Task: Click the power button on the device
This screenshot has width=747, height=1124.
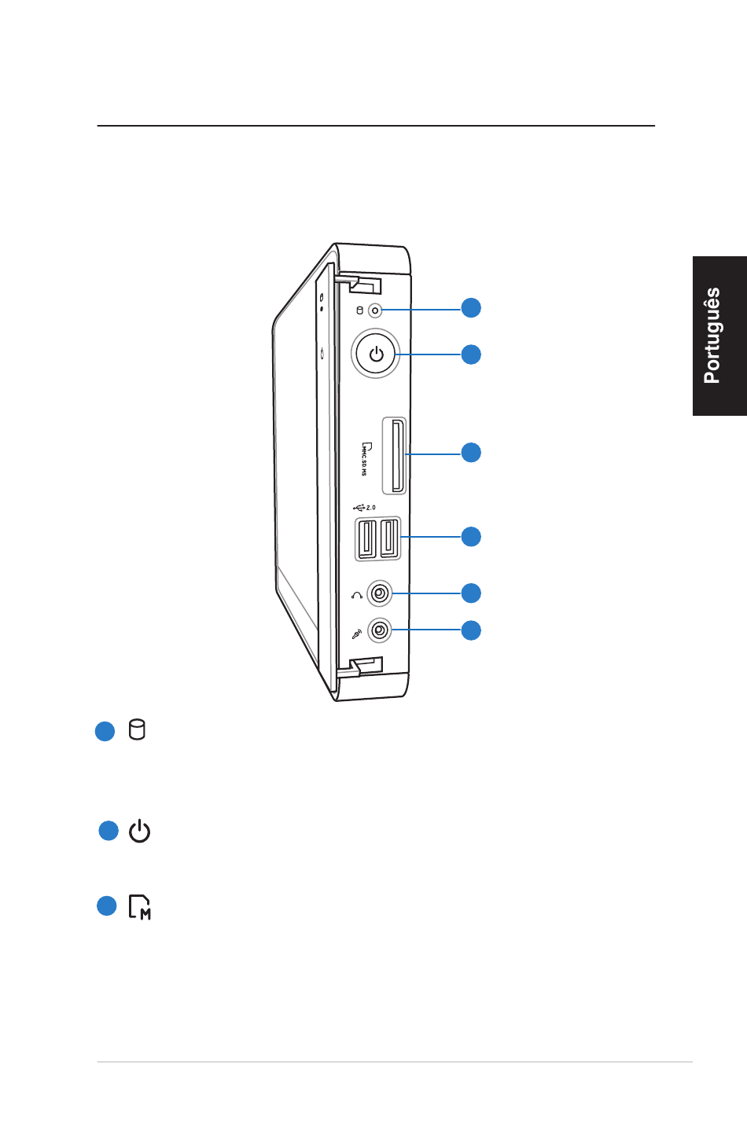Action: click(376, 354)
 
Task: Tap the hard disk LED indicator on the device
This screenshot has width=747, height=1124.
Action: click(375, 310)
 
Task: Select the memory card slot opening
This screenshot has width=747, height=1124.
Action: click(398, 456)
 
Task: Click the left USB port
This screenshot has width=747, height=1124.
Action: click(366, 538)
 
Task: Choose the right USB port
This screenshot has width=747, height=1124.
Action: click(389, 538)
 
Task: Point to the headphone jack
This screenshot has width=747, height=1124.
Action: click(380, 593)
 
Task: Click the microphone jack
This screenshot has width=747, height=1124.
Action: click(380, 630)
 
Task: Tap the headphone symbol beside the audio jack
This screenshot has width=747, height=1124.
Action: click(357, 596)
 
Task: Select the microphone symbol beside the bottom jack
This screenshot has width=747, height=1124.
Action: click(357, 634)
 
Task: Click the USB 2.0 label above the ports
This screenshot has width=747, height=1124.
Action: click(365, 508)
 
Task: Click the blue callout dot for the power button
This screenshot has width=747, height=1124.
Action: click(471, 354)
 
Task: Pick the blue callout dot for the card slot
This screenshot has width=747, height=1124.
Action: click(471, 452)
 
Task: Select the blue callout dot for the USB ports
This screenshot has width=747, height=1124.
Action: click(471, 536)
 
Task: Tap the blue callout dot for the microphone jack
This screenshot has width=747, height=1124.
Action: click(471, 630)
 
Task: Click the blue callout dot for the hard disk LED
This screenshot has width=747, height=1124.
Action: click(471, 307)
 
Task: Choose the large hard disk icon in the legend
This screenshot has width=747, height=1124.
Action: click(137, 729)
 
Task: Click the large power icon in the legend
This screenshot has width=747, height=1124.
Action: click(139, 831)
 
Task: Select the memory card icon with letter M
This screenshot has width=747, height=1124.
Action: click(139, 907)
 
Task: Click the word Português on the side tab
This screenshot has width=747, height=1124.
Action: click(712, 335)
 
